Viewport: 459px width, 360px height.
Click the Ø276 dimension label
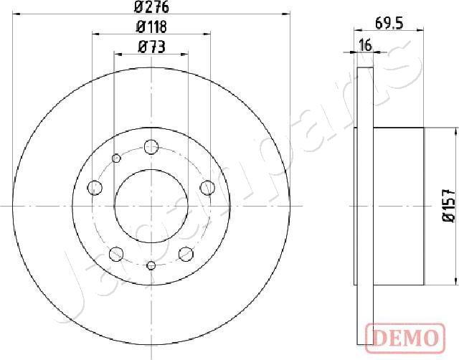pyautogui.click(x=151, y=7)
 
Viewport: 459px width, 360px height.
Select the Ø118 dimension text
pyautogui.click(x=151, y=27)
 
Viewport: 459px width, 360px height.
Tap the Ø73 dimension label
pyautogui.click(x=151, y=47)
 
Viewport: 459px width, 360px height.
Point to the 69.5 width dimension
pyautogui.click(x=389, y=24)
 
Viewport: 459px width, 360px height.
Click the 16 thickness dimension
pyautogui.click(x=365, y=46)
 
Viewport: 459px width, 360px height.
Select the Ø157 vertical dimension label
pyautogui.click(x=449, y=205)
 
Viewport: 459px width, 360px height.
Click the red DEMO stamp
pyautogui.click(x=405, y=338)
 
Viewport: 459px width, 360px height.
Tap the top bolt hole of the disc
pyautogui.click(x=151, y=146)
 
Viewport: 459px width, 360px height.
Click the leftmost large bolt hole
pyautogui.click(x=95, y=187)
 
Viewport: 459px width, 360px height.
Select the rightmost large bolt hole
pyautogui.click(x=207, y=188)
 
